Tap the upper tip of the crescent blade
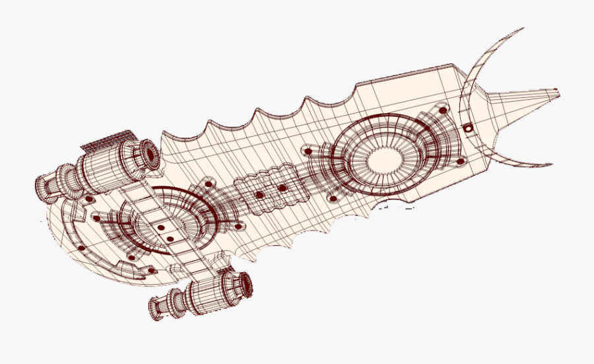[x=523, y=29]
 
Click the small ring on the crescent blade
[x=468, y=128]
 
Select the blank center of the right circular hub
[x=383, y=159]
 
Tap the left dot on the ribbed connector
[x=259, y=196]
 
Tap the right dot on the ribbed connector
[x=282, y=188]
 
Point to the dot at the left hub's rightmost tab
[x=236, y=226]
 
